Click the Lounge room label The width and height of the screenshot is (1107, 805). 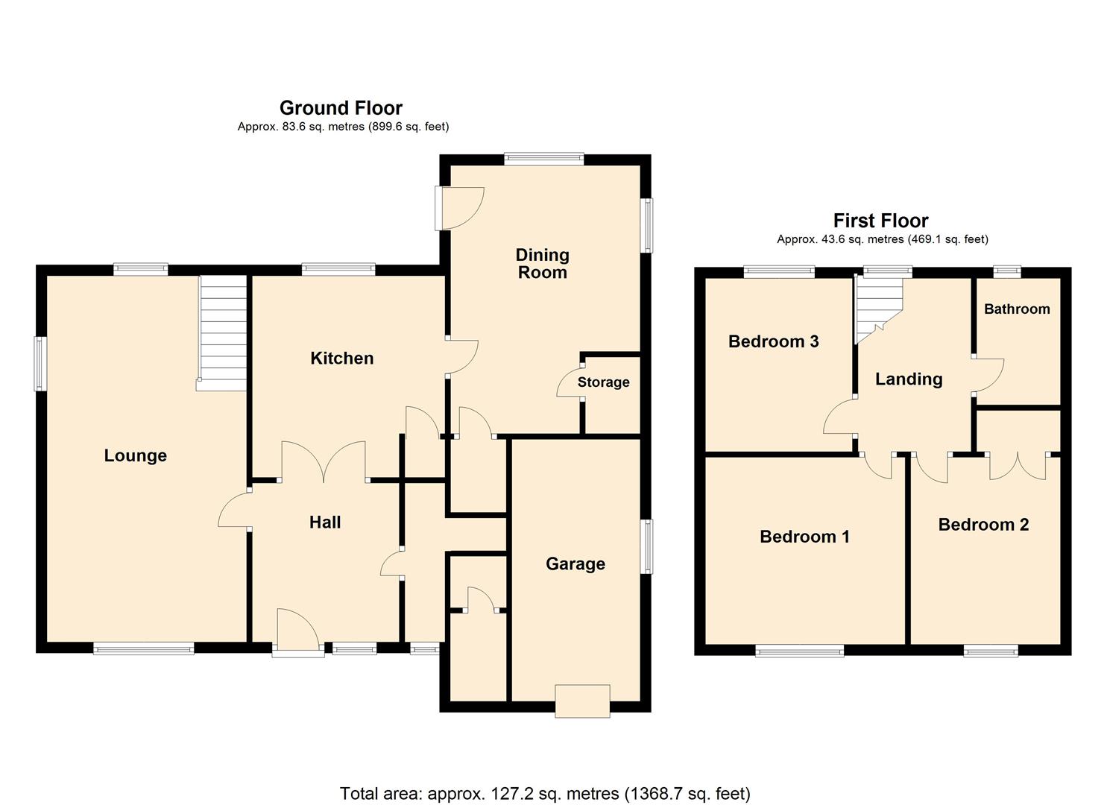[135, 455]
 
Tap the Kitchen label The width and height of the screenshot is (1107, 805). [341, 359]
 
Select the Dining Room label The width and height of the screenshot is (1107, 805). [543, 264]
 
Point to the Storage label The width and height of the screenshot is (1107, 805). [603, 382]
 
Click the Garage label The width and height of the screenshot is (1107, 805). [575, 564]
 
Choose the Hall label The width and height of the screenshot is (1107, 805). [325, 523]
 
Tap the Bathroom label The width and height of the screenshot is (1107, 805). [1016, 309]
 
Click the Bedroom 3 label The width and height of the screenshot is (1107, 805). [773, 341]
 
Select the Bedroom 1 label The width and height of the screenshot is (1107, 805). [804, 537]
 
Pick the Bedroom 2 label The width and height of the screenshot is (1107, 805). [983, 525]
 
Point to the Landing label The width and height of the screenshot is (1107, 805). [909, 379]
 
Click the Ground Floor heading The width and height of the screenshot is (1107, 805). [341, 108]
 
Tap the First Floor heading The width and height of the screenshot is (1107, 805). [880, 221]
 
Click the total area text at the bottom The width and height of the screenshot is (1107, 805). [545, 793]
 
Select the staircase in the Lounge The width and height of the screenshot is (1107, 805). [222, 332]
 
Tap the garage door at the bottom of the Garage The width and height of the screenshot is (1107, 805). [582, 701]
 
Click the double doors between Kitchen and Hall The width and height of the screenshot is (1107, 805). [323, 462]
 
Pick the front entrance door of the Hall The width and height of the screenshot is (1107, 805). [298, 634]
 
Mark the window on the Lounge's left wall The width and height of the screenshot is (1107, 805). [40, 364]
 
